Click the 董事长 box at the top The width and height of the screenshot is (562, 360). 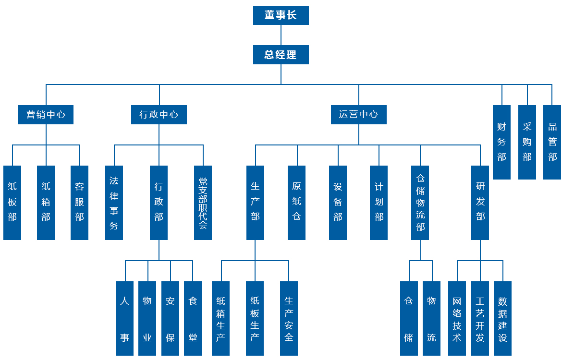click(x=281, y=15)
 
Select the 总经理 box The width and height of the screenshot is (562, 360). click(x=281, y=55)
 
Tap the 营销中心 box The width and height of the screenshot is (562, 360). click(x=46, y=115)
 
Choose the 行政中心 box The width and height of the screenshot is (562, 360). click(x=159, y=115)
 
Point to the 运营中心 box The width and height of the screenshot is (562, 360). click(x=358, y=115)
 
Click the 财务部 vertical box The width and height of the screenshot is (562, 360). click(x=501, y=142)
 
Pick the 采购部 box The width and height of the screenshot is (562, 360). click(x=527, y=142)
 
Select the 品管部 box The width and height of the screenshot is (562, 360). click(x=552, y=142)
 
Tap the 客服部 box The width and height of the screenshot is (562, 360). click(x=79, y=203)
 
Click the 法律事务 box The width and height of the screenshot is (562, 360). click(x=114, y=203)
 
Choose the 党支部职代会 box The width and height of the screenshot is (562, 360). click(x=203, y=203)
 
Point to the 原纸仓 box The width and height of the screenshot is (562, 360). click(x=296, y=203)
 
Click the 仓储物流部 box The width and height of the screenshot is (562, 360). click(x=420, y=203)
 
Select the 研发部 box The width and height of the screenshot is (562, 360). click(x=480, y=203)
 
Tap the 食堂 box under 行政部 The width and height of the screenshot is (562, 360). click(x=193, y=318)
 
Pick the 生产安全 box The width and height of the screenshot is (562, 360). click(x=289, y=318)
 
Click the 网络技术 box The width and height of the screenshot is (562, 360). click(x=457, y=318)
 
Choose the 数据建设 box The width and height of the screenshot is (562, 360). click(x=502, y=318)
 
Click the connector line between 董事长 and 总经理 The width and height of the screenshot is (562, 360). click(x=281, y=35)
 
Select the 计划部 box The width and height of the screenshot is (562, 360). click(x=379, y=203)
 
